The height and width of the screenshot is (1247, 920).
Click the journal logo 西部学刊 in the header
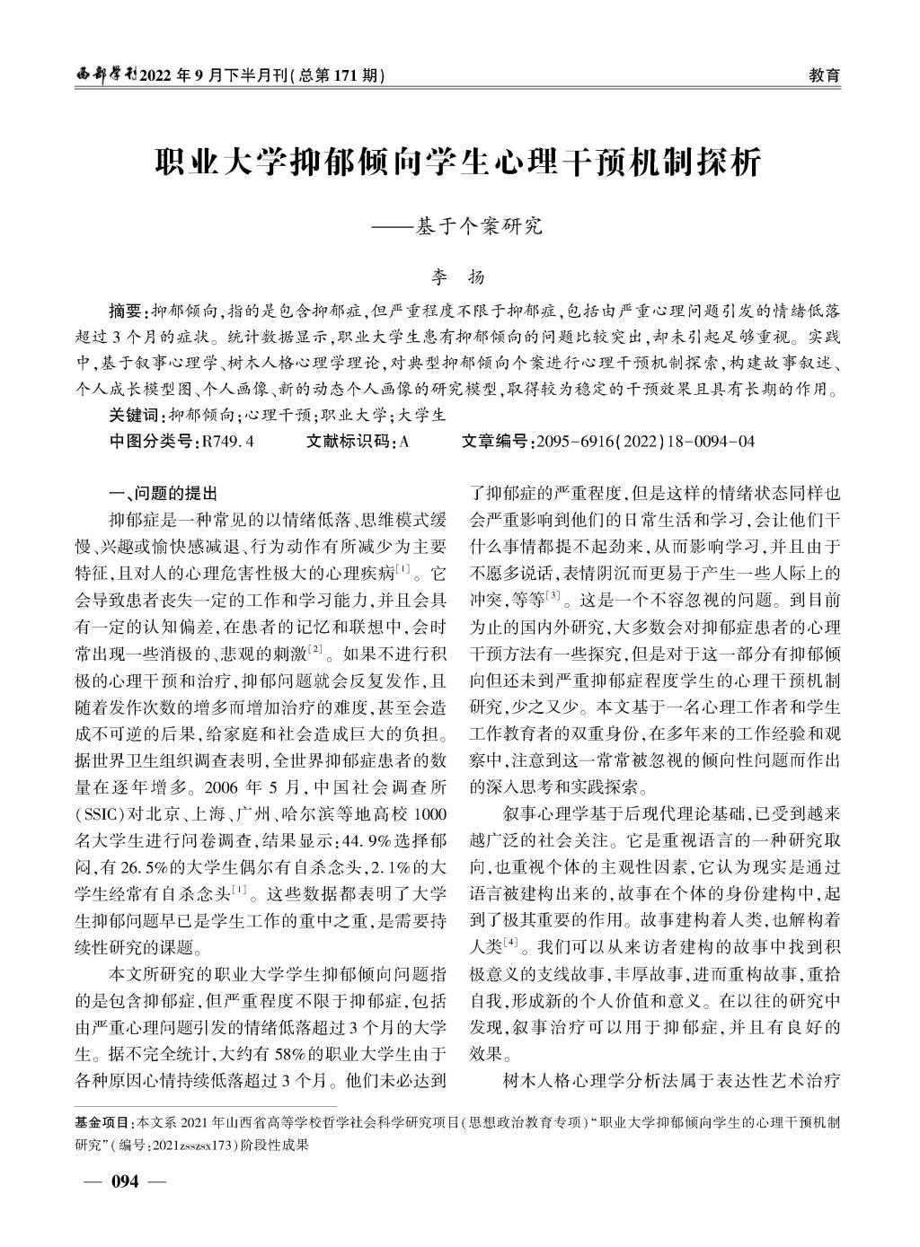pyautogui.click(x=102, y=75)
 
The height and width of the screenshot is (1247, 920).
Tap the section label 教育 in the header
pyautogui.click(x=825, y=75)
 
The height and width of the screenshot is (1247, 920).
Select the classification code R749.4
pyautogui.click(x=228, y=441)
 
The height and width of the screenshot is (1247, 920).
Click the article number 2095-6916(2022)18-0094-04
pyautogui.click(x=644, y=441)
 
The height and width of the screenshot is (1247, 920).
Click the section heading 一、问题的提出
pyautogui.click(x=162, y=494)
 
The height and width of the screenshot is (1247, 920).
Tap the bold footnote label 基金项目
pyautogui.click(x=102, y=1122)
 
